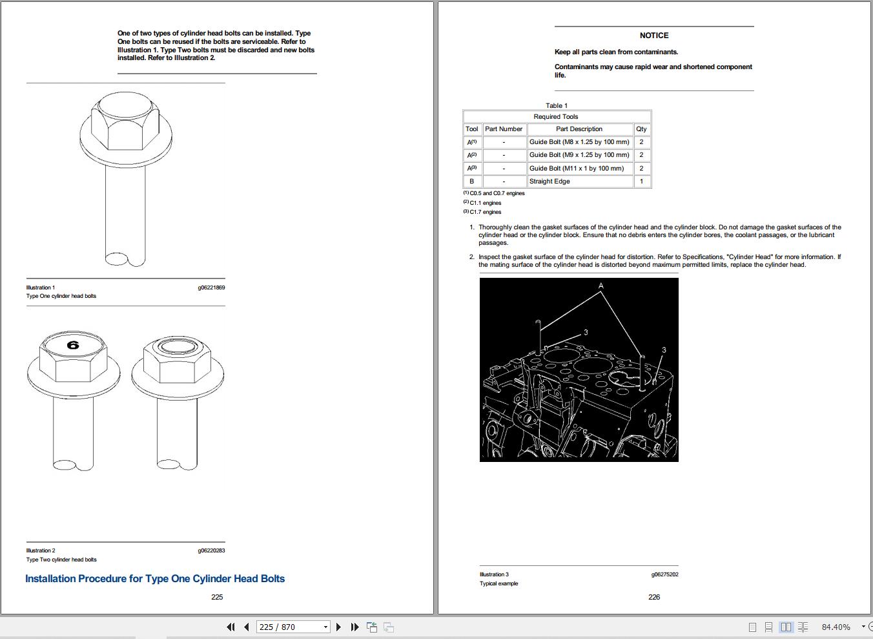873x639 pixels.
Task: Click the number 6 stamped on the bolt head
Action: click(73, 346)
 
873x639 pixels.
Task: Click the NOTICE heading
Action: click(654, 36)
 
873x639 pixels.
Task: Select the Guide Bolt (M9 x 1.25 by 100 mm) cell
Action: click(579, 155)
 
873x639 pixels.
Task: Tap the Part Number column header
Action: click(504, 129)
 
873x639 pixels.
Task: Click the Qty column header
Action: click(641, 129)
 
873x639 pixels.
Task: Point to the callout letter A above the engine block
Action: click(601, 285)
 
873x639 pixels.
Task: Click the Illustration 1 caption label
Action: click(41, 288)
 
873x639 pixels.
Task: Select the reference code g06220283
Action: click(211, 550)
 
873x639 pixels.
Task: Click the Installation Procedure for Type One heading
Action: click(155, 579)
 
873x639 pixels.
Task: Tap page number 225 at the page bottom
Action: click(217, 597)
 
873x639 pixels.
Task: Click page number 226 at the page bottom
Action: click(654, 597)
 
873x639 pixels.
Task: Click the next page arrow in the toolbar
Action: click(338, 627)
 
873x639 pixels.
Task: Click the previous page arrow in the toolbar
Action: click(247, 627)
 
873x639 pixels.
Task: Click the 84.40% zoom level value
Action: click(836, 627)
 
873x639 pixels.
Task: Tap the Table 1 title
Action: click(557, 105)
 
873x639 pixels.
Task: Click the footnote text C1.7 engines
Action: click(485, 212)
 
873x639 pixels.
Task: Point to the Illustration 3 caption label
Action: click(494, 574)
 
